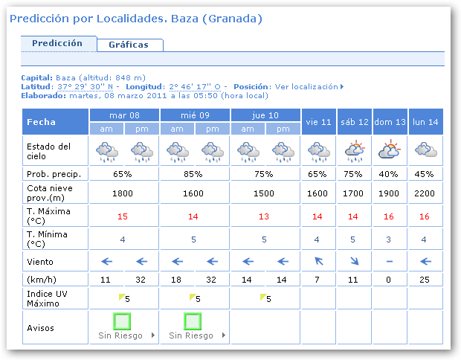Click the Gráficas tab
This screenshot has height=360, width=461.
pyautogui.click(x=129, y=45)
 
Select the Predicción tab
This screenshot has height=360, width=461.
pyautogui.click(x=57, y=43)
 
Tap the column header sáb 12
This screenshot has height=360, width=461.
pyautogui.click(x=355, y=121)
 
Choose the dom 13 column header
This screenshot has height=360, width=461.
pyautogui.click(x=390, y=121)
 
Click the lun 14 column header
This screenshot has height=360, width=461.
pyautogui.click(x=425, y=121)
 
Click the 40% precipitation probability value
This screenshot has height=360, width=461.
pyautogui.click(x=390, y=174)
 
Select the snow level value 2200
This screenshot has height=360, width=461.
pyautogui.click(x=425, y=193)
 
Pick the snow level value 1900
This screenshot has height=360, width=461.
pyautogui.click(x=390, y=193)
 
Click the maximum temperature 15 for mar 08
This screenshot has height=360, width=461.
pyautogui.click(x=123, y=216)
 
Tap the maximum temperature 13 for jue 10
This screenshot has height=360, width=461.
pyautogui.click(x=264, y=216)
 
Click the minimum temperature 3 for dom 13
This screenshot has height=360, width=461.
pyautogui.click(x=390, y=240)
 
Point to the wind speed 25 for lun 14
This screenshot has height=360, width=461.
pyautogui.click(x=425, y=279)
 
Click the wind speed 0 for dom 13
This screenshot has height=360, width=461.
pyautogui.click(x=390, y=279)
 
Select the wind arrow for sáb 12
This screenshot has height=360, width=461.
pyautogui.click(x=355, y=261)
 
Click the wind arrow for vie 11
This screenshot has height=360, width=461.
pyautogui.click(x=319, y=261)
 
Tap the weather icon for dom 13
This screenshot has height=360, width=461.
pyautogui.click(x=390, y=151)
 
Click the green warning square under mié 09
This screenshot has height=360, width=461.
pyautogui.click(x=193, y=321)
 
